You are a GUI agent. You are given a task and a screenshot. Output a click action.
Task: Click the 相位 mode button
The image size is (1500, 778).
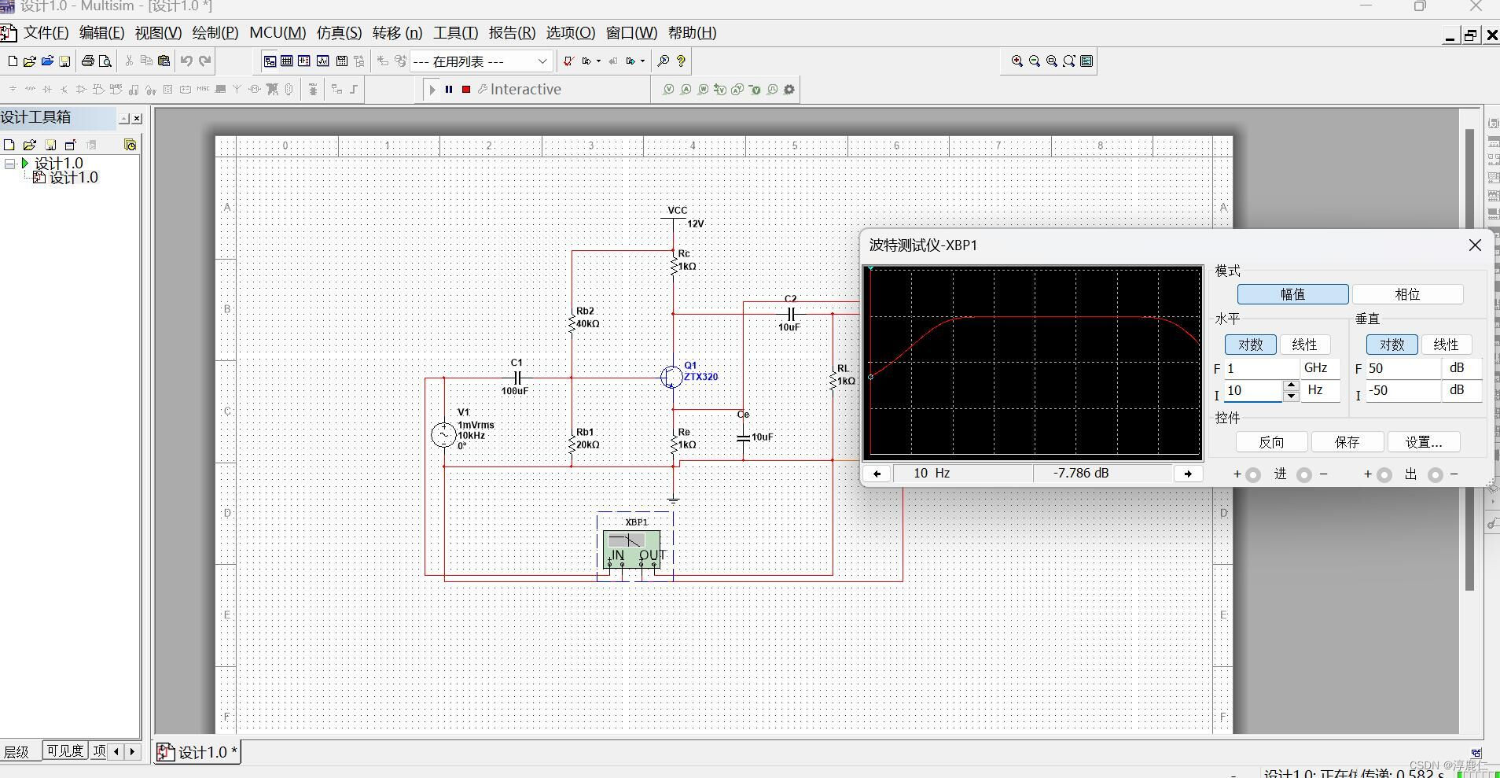tap(1406, 294)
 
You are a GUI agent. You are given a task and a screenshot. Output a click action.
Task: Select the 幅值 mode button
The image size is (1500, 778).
tap(1292, 294)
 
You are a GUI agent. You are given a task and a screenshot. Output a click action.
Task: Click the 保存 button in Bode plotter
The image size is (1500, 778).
tap(1347, 442)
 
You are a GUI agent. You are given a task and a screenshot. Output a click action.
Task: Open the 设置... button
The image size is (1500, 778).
tap(1423, 442)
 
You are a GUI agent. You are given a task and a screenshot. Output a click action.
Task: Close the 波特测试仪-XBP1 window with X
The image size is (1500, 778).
tap(1475, 245)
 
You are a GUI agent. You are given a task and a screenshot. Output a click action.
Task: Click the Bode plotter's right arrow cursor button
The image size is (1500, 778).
tap(1188, 474)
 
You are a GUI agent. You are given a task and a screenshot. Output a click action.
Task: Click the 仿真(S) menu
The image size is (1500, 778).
tap(339, 33)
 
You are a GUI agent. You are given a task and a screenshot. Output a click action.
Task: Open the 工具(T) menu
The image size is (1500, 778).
tap(455, 33)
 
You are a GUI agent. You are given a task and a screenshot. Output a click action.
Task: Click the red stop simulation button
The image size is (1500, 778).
tap(466, 90)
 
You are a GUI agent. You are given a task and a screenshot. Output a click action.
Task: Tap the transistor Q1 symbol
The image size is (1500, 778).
tap(672, 378)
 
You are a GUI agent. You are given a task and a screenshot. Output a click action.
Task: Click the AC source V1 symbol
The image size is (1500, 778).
tap(443, 434)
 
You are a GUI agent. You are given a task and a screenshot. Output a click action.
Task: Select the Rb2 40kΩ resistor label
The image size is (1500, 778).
tap(587, 318)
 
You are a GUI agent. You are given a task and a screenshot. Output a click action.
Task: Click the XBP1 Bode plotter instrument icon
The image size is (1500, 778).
tap(631, 548)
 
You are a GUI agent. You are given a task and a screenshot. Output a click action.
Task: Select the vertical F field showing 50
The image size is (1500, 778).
tap(1403, 368)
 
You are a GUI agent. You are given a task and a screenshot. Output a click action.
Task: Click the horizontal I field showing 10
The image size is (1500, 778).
tap(1252, 391)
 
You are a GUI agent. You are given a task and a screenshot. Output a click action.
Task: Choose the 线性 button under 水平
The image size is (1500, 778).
tap(1304, 345)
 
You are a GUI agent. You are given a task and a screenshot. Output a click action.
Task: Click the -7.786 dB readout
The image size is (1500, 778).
tap(1081, 474)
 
